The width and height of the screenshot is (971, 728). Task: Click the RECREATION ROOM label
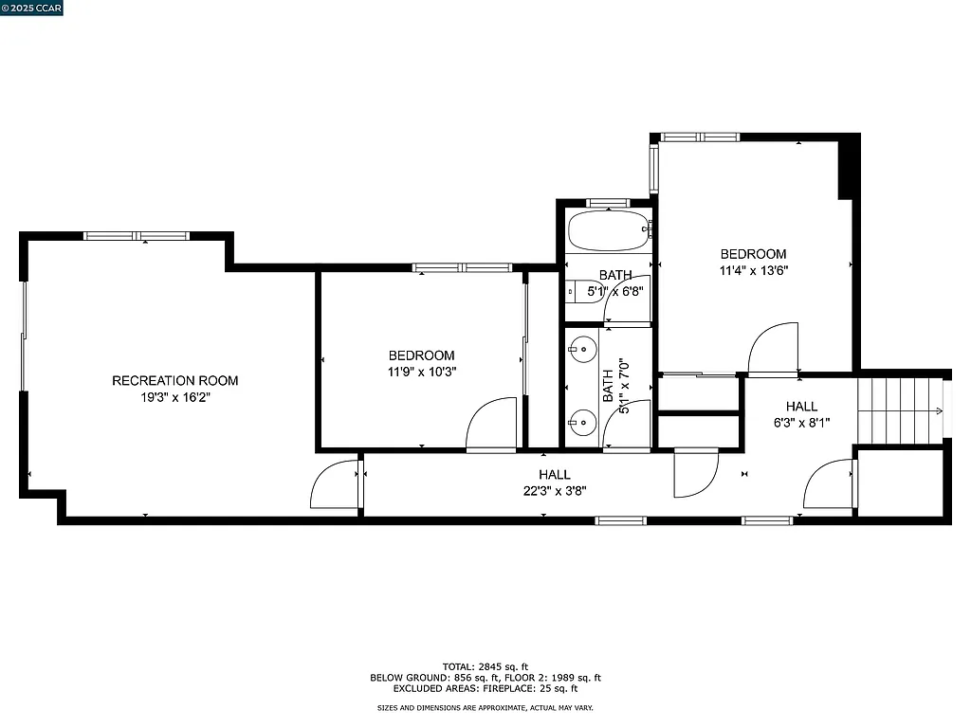175,381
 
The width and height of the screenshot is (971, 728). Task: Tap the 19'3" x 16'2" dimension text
175,398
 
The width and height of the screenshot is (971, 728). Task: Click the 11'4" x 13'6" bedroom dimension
753,270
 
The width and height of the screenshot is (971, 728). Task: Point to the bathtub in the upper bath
607,229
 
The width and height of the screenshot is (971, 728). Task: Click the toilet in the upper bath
574,291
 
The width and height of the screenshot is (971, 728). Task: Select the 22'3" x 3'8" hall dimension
555,491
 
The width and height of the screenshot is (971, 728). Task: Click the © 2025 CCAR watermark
32,9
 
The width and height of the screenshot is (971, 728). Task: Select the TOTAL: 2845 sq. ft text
485,665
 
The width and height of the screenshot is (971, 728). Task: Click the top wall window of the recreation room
136,235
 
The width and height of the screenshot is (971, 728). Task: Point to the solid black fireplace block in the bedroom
849,167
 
